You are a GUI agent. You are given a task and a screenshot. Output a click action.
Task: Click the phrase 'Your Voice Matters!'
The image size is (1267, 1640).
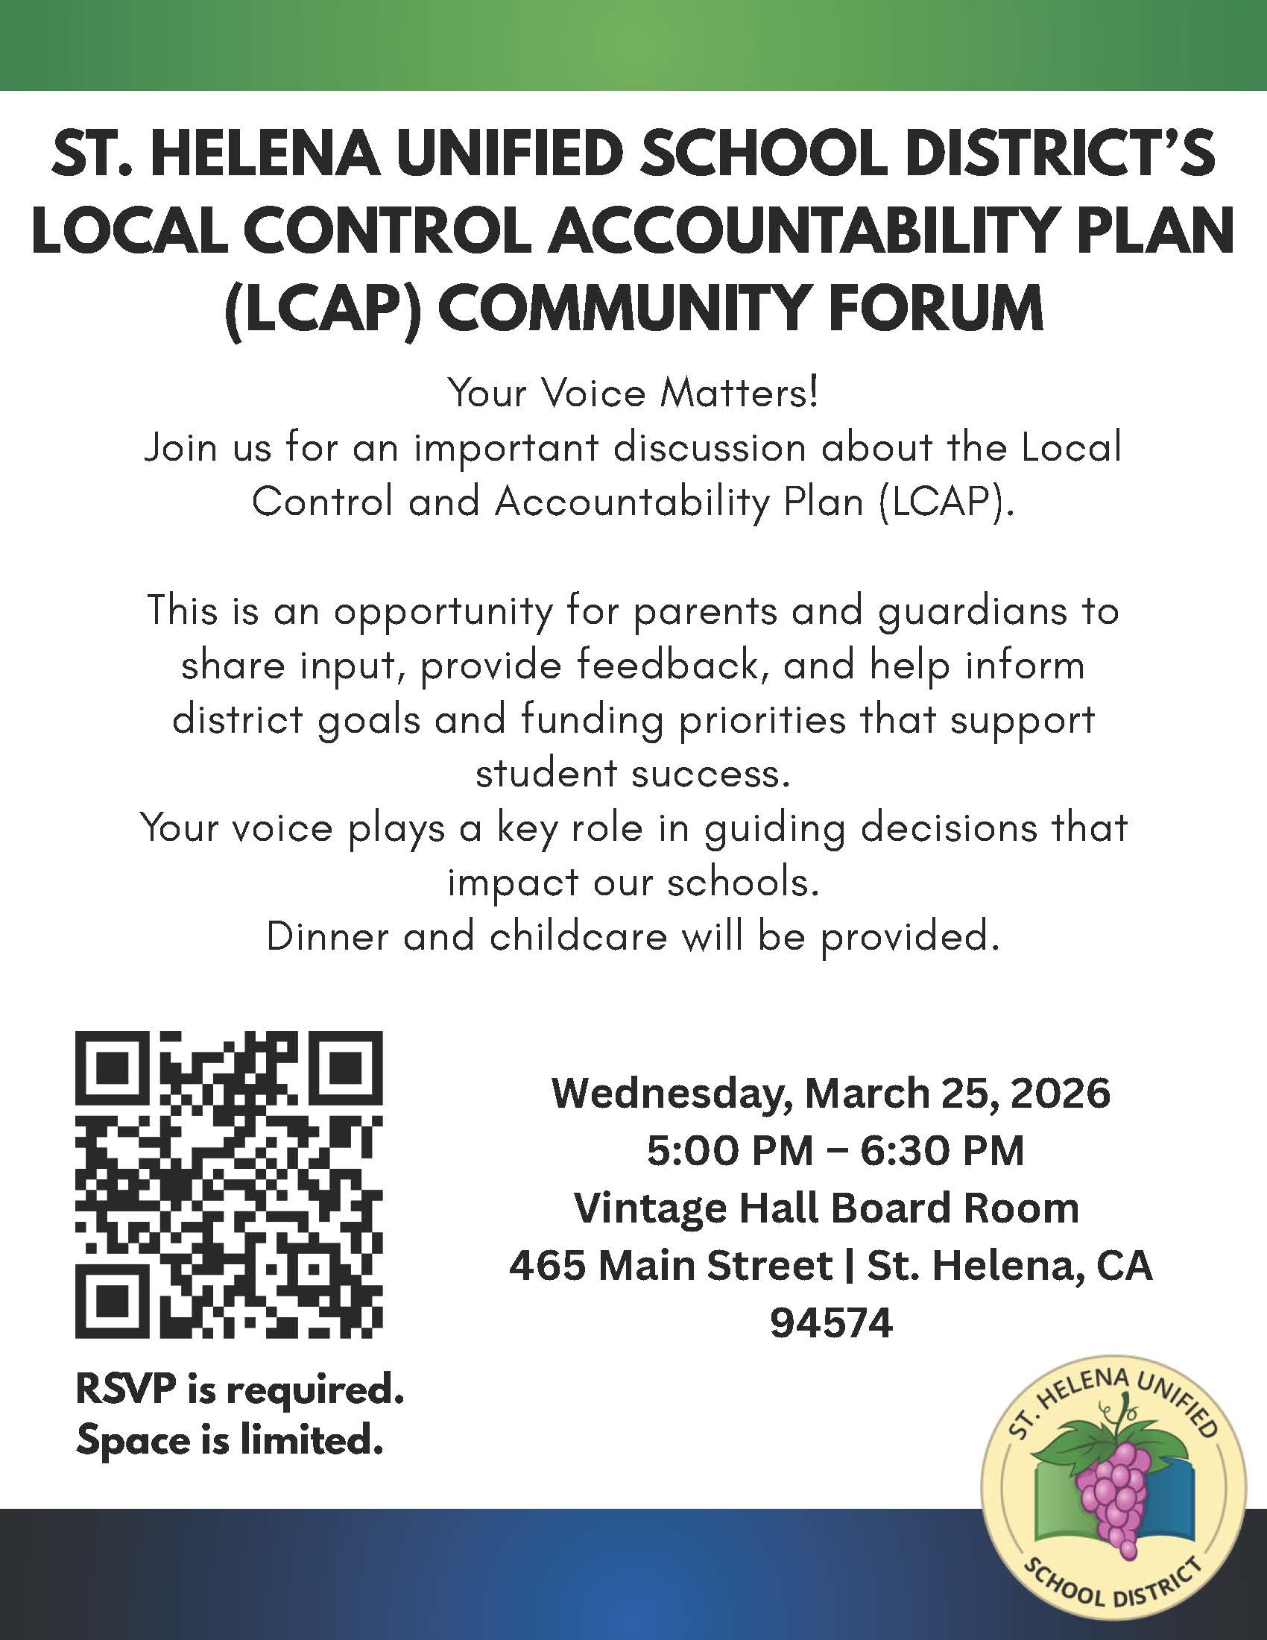pyautogui.click(x=633, y=394)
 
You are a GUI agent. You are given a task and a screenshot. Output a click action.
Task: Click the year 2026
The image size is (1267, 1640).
pyautogui.click(x=1060, y=1094)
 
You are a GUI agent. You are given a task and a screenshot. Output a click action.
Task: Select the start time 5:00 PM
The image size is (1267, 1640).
pyautogui.click(x=730, y=1150)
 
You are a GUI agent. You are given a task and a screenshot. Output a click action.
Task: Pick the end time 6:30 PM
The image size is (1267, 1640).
pyautogui.click(x=942, y=1150)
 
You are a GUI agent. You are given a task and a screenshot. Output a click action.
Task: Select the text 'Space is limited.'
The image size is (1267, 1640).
pyautogui.click(x=229, y=1440)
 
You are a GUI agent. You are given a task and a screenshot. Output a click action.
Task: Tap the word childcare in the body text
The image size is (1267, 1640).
pyautogui.click(x=578, y=936)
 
